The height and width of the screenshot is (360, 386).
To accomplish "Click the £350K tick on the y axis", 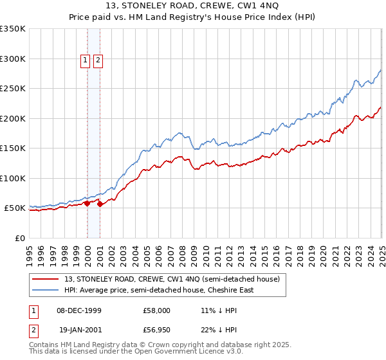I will coord(13,29).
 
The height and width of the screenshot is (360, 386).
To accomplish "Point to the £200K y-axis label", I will coord(13,118).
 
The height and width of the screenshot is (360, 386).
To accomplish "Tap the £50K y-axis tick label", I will coord(15,208).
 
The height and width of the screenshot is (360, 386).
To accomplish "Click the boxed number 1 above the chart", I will coord(85,61).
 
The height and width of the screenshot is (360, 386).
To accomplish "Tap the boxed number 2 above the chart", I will coord(98,61).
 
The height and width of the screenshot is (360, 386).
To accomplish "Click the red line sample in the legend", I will coord(46,279).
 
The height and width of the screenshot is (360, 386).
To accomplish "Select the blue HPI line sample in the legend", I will coord(46,290).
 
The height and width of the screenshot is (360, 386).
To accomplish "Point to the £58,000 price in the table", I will coord(157,310).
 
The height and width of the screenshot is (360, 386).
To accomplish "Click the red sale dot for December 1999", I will coord(87,203).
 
